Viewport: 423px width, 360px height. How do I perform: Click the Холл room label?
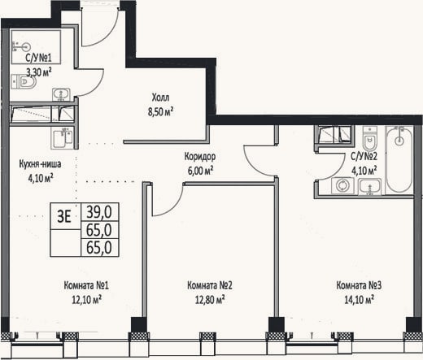coord(160,98)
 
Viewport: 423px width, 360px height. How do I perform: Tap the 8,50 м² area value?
coord(160,111)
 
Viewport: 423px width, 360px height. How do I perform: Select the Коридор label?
coord(200,157)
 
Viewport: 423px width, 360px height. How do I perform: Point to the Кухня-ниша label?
coord(40,164)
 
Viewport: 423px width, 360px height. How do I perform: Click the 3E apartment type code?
coord(64,216)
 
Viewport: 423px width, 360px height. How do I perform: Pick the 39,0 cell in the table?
coord(99,212)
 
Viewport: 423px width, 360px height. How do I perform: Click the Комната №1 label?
coord(86,285)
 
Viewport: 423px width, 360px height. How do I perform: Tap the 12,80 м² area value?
coord(210,300)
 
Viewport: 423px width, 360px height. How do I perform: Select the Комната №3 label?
coord(359,285)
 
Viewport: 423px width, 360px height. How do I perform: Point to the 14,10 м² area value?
coord(359,300)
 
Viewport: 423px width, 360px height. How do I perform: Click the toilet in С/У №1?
coord(24,81)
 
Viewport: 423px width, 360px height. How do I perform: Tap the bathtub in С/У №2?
coord(399,159)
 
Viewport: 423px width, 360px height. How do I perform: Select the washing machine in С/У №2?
coord(342,186)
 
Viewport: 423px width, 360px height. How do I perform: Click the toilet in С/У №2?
coord(370,138)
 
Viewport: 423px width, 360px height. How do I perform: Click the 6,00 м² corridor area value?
coord(200,171)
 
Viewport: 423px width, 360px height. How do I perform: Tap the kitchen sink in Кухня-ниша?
coord(62,138)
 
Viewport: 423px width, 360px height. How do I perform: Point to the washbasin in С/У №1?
coord(61,95)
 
